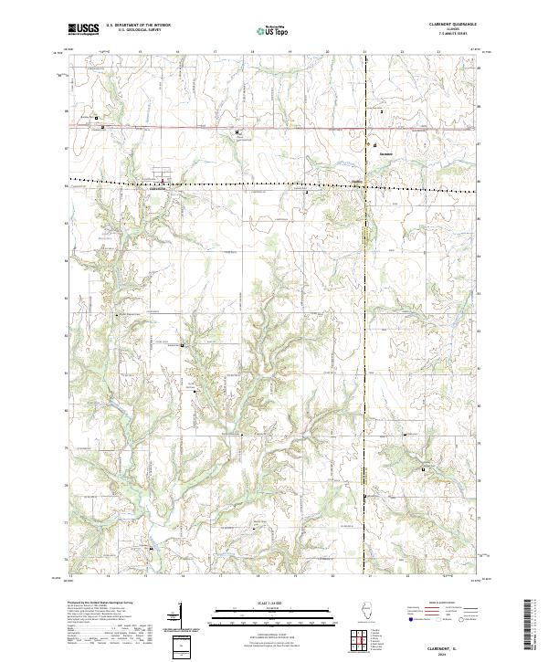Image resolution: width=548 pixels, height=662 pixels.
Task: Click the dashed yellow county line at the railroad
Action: pos(365,185)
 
